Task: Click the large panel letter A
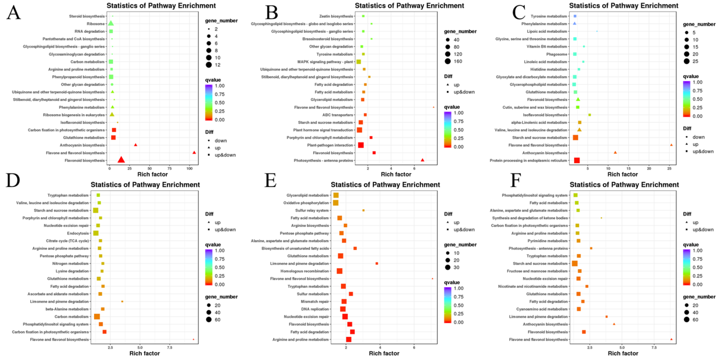pos(13,13)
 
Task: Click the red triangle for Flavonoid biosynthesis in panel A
pos(121,160)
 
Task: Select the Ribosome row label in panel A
pos(96,24)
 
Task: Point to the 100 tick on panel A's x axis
pos(190,169)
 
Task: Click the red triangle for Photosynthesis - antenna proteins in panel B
pos(422,160)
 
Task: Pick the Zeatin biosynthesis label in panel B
pos(336,16)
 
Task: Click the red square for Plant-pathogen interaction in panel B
pos(361,145)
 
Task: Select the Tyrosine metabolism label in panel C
pos(549,16)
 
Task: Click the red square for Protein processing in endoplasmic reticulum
pos(577,160)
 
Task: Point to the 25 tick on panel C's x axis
pos(669,169)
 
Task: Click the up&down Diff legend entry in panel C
pos(703,151)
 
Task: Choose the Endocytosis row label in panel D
pos(78,233)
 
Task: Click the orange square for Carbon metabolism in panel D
pos(97,316)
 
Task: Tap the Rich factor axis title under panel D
pos(144,353)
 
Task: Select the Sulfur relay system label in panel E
pos(312,210)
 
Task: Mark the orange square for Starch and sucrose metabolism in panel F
pos(574,263)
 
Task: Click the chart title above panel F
pos(624,185)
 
